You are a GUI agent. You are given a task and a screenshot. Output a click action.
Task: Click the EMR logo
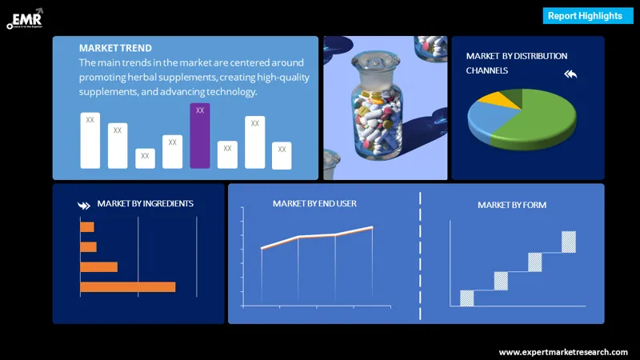click(24, 18)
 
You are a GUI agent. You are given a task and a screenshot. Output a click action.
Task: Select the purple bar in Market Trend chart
click(200, 136)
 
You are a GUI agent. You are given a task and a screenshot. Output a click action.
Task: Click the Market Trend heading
click(115, 48)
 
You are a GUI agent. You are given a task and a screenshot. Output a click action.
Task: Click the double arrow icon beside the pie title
click(570, 74)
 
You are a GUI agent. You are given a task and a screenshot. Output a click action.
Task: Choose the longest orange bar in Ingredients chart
click(127, 286)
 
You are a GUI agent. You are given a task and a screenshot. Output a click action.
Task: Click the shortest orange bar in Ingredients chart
click(86, 227)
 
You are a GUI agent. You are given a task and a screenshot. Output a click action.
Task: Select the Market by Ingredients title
click(145, 204)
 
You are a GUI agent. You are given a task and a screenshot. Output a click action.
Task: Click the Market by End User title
click(314, 204)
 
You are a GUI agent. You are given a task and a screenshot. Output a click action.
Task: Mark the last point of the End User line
click(372, 228)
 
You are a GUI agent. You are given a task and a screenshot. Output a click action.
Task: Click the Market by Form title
click(512, 206)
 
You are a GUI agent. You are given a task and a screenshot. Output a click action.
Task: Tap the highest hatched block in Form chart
click(569, 242)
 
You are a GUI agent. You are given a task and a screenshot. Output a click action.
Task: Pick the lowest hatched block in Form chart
click(467, 298)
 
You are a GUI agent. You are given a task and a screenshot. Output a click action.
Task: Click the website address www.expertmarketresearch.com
click(563, 352)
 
